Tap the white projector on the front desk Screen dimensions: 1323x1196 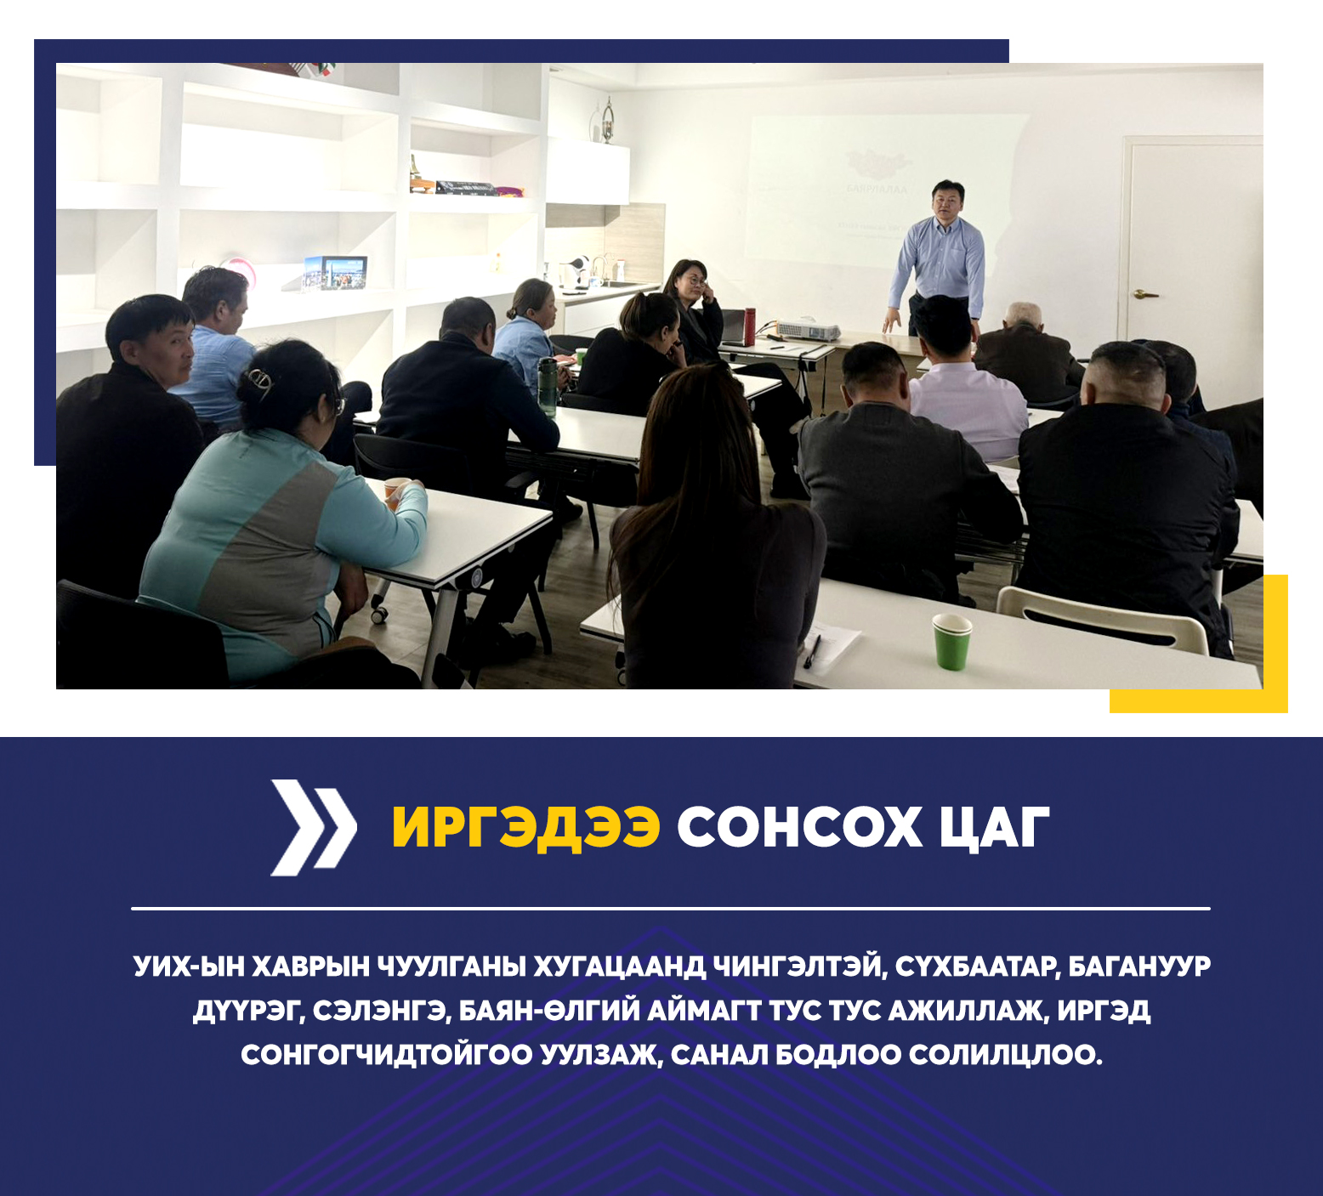pos(808,331)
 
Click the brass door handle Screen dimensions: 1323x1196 pos(1144,294)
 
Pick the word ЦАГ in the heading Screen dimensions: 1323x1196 pos(995,827)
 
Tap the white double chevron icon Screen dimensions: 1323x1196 pos(313,827)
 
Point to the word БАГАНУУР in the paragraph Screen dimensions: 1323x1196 pos(1139,966)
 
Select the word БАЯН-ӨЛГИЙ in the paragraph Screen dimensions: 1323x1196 pos(549,1011)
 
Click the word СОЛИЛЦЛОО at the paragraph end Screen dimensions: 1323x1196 pos(1005,1055)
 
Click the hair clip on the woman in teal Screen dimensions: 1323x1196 pos(260,380)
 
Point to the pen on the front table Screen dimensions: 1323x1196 pos(812,651)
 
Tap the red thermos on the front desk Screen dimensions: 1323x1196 pos(749,326)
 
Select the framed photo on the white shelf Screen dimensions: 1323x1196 pos(336,273)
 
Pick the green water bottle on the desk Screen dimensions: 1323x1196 pos(548,387)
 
